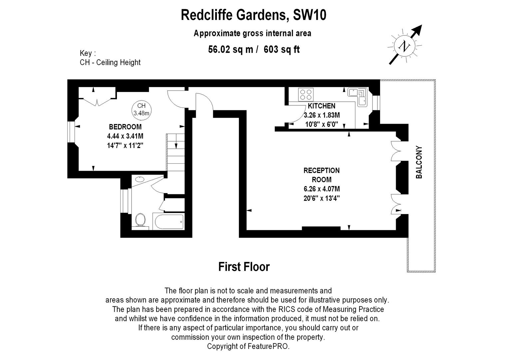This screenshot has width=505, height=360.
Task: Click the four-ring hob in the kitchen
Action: pyautogui.click(x=306, y=95)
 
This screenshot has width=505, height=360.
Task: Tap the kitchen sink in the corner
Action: pyautogui.click(x=358, y=97)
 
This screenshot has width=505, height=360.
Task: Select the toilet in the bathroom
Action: pyautogui.click(x=140, y=220)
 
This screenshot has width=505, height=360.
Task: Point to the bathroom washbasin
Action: pyautogui.click(x=140, y=179)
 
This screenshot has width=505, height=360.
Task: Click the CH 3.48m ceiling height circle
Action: pyautogui.click(x=141, y=110)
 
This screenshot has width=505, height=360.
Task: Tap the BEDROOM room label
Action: pyautogui.click(x=125, y=127)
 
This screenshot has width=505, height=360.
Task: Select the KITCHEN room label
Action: pyautogui.click(x=321, y=106)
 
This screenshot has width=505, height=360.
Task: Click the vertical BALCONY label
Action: pyautogui.click(x=419, y=162)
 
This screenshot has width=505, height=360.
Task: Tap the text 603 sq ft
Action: pyautogui.click(x=281, y=49)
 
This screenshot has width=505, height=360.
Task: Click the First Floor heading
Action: pyautogui.click(x=244, y=267)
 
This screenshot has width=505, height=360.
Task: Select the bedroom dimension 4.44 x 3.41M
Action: pyautogui.click(x=125, y=136)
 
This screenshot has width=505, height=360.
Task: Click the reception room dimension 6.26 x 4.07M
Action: pyautogui.click(x=322, y=189)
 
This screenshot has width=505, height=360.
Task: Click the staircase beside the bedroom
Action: pyautogui.click(x=176, y=153)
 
